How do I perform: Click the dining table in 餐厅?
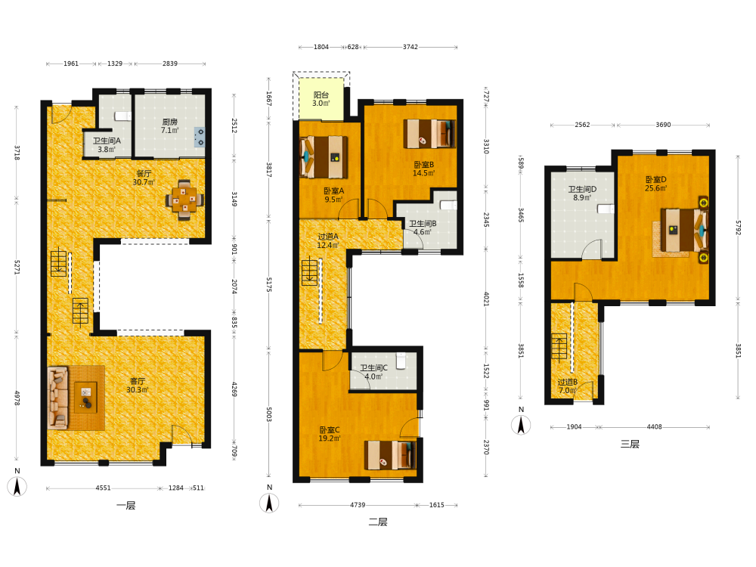pos(184,200)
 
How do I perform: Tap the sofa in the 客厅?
pos(58,398)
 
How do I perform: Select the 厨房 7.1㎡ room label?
pos(169,125)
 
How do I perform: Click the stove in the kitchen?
pos(199,136)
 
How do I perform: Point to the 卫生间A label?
pos(107,141)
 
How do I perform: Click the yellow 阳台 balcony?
pos(321,99)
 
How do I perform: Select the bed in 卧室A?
pos(324,157)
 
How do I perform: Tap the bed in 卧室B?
pos(429,134)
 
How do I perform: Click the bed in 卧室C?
pos(389,455)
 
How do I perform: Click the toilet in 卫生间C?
pos(401,360)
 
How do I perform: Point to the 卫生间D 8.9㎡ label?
pos(582,194)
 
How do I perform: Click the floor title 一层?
pos(125,506)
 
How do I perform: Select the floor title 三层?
pos(630,444)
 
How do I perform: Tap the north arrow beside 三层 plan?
pos(521,425)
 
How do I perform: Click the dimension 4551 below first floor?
pos(103,488)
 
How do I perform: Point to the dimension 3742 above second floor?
pos(411,47)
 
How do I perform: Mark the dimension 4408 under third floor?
pos(654,426)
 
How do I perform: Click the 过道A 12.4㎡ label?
pos(328,240)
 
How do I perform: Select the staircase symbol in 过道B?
pos(559,347)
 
